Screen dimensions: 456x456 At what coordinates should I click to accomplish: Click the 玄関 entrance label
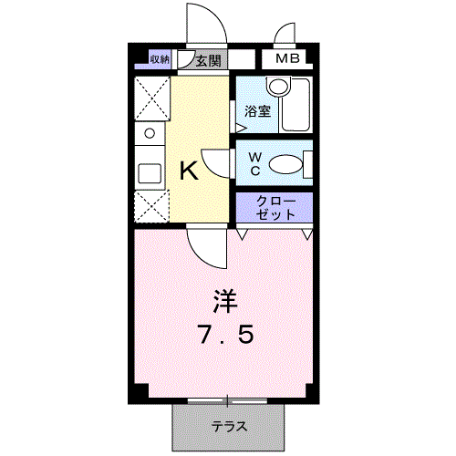pyautogui.click(x=208, y=61)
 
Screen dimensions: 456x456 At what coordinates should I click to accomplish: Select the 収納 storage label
pyautogui.click(x=161, y=60)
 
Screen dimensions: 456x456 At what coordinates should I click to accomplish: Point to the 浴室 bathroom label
pyautogui.click(x=257, y=112)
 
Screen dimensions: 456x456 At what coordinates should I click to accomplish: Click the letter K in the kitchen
pyautogui.click(x=188, y=171)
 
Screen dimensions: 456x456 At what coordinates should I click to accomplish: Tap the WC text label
pyautogui.click(x=256, y=163)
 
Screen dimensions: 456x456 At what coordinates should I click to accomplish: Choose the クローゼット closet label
pyautogui.click(x=275, y=207)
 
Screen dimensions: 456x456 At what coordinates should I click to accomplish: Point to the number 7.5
pyautogui.click(x=224, y=334)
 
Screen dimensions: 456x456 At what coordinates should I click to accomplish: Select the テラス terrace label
pyautogui.click(x=231, y=426)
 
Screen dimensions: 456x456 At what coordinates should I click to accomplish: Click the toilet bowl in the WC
pyautogui.click(x=287, y=164)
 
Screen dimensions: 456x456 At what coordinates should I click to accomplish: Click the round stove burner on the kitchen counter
pyautogui.click(x=147, y=133)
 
